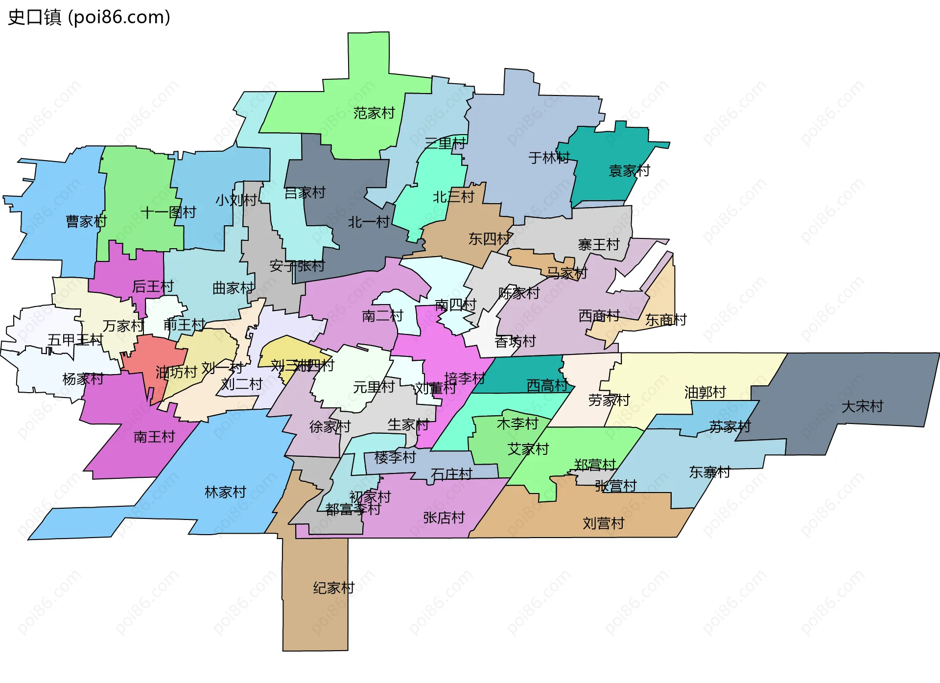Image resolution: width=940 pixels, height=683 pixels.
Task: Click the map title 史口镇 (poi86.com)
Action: [89, 17]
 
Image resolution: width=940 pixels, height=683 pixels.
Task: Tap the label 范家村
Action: [374, 113]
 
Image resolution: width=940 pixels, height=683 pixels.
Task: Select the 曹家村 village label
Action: [86, 221]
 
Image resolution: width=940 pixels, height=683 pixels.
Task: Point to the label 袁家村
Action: [629, 170]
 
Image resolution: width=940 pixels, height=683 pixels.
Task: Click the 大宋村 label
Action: [862, 406]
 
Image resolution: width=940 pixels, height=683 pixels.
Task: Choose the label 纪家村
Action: [334, 588]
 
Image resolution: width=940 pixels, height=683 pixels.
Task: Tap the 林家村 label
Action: [225, 492]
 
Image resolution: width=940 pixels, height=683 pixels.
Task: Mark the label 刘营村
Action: [603, 523]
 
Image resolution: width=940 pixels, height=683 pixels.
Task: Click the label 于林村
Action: [549, 158]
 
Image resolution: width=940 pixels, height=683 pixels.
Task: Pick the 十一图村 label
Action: [168, 212]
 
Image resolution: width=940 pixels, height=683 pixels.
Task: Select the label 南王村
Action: [154, 436]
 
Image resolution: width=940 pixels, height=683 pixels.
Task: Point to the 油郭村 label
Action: [705, 392]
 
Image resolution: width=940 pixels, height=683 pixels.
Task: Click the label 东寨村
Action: [709, 472]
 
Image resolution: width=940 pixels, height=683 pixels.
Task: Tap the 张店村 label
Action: [444, 518]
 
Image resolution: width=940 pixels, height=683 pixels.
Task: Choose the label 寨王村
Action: [599, 244]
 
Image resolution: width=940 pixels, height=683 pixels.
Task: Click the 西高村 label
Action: [547, 386]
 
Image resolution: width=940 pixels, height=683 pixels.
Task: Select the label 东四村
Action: [489, 238]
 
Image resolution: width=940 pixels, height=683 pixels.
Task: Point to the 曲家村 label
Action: [233, 288]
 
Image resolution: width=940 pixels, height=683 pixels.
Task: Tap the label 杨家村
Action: [83, 378]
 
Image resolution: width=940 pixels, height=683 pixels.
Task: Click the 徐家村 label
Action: [330, 426]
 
